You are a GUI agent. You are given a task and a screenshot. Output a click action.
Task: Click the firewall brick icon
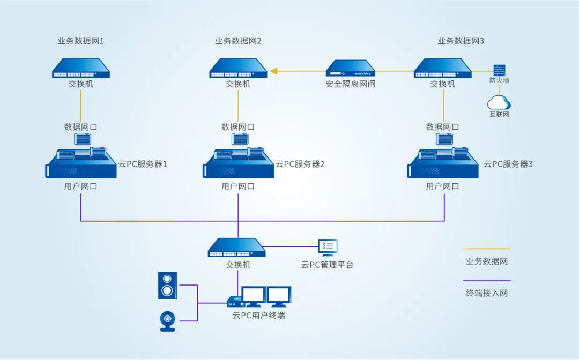(x=499, y=70)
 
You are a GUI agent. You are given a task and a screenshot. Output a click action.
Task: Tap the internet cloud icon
(x=499, y=102)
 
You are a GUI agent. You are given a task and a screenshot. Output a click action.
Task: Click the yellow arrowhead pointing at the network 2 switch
(x=273, y=71)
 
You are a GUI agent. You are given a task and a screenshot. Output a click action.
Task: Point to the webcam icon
(x=168, y=321)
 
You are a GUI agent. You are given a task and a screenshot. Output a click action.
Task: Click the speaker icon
(x=167, y=285)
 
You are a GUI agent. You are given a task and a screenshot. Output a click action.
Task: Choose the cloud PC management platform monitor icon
(x=328, y=247)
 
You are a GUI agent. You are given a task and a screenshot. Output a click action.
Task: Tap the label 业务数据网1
(x=80, y=41)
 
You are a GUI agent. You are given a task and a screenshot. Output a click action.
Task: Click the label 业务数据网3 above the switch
(x=461, y=41)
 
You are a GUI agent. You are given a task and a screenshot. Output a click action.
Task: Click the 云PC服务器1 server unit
(x=81, y=163)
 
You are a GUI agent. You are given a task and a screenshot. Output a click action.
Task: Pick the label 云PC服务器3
(x=508, y=164)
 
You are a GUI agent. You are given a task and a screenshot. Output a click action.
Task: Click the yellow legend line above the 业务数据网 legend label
(x=487, y=249)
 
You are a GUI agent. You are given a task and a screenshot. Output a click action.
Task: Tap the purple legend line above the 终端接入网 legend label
(x=487, y=281)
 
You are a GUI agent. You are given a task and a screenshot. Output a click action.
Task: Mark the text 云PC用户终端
(x=258, y=316)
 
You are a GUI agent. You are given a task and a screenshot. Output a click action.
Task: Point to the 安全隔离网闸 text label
(x=351, y=84)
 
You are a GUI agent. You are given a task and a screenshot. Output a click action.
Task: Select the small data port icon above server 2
(x=240, y=139)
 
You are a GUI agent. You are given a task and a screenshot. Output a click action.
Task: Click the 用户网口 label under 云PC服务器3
(x=442, y=186)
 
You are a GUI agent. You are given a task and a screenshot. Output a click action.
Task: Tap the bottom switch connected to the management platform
(x=237, y=247)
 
